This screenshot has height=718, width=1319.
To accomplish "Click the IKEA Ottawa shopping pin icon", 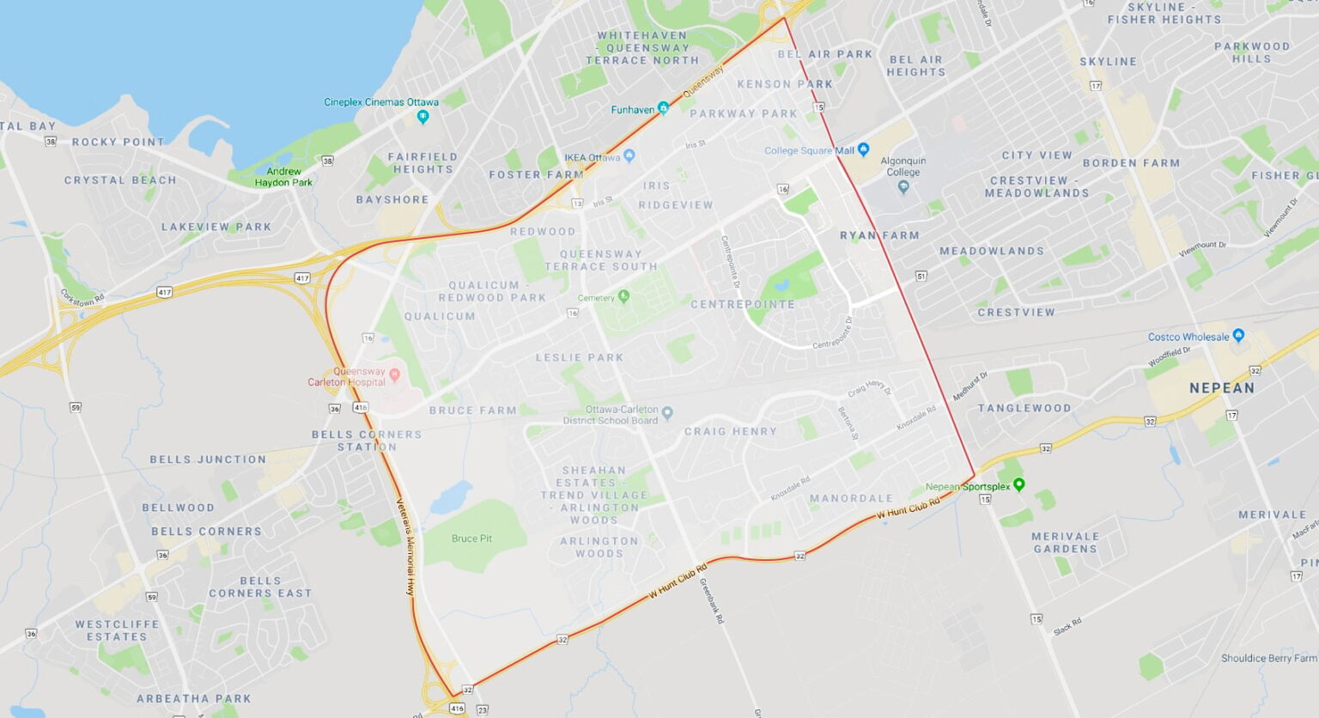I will tap(629, 156).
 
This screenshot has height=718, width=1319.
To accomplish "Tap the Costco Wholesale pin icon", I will tap(1237, 336).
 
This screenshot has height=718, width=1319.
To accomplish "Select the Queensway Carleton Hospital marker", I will tap(395, 374).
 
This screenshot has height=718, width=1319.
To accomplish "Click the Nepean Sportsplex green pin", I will tap(1019, 485).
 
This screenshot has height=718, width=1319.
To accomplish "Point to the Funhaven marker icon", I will tap(663, 108).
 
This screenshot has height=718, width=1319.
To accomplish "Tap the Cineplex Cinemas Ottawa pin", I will tap(422, 116).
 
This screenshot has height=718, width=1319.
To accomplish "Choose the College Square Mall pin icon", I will tap(864, 149).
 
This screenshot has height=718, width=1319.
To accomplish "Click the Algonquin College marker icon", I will tap(903, 186).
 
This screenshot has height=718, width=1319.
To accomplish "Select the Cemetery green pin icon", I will tap(624, 296).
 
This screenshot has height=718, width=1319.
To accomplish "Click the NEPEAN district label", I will tap(1221, 388).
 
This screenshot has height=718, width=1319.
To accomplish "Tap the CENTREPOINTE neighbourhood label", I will tap(743, 304).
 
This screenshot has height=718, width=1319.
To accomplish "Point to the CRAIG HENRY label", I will tap(730, 431).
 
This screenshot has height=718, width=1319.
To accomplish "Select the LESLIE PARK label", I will tap(580, 357).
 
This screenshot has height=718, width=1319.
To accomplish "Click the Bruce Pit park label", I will tap(471, 538).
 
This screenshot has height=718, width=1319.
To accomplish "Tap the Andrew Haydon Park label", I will tap(283, 177).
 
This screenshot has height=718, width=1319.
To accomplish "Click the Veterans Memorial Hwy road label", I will tap(404, 547).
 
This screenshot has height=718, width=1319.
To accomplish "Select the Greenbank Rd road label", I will tap(712, 600).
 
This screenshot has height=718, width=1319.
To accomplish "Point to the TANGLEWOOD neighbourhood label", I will tap(1024, 408).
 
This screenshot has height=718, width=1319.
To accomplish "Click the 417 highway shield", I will tap(302, 278).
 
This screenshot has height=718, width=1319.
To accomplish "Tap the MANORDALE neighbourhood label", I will tap(851, 498).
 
